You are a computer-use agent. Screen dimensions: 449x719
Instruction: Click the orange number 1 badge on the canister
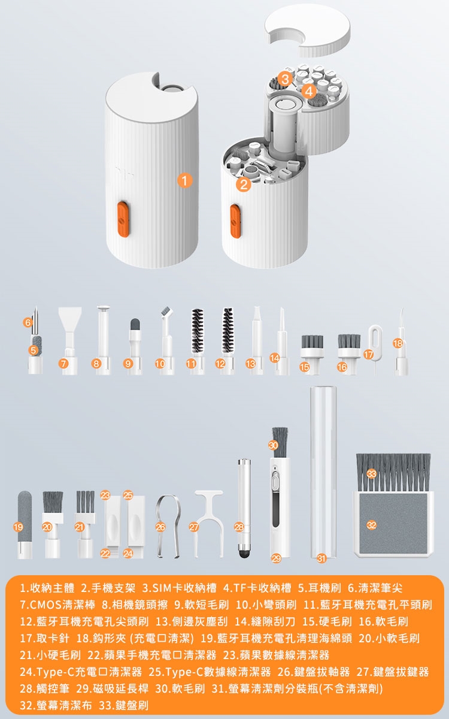[x=185, y=180]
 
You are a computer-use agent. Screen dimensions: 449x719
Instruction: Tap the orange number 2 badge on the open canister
[x=244, y=185]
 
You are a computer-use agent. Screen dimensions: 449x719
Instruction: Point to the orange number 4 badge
[x=308, y=92]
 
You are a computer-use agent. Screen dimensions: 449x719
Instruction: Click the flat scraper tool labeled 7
[x=69, y=341]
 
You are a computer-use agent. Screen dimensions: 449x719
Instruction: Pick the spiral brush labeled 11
[x=197, y=341]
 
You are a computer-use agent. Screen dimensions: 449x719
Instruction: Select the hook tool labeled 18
[x=401, y=342]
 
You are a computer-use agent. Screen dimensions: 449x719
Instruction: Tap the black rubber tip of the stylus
[x=245, y=552]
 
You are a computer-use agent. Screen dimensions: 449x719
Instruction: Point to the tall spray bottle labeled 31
[x=323, y=472]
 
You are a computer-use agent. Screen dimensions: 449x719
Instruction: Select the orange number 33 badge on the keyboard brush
[x=371, y=473]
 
